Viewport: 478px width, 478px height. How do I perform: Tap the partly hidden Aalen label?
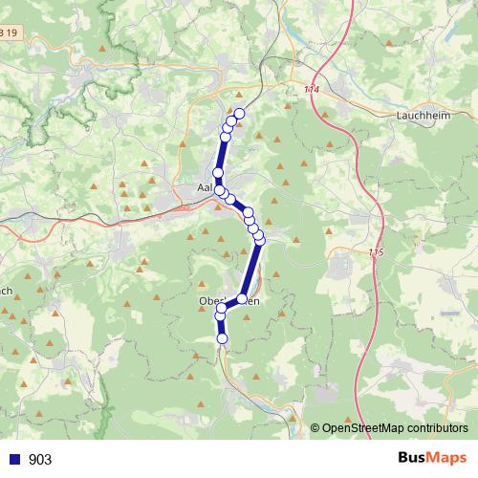pos(203,188)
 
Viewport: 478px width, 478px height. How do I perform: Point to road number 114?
pos(312,89)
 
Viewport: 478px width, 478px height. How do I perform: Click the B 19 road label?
pos(9,33)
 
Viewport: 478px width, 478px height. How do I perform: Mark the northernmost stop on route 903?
pos(239,114)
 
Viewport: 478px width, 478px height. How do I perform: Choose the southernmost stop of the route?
pos(223,338)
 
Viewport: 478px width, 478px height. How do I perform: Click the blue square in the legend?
pos(14,459)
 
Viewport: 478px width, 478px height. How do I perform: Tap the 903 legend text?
pos(40,459)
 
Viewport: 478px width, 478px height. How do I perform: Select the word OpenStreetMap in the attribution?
pos(361,428)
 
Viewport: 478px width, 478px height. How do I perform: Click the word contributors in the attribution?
pos(435,428)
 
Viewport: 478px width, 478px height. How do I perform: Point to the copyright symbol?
pos(315,428)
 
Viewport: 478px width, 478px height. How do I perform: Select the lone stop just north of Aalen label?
pos(218,173)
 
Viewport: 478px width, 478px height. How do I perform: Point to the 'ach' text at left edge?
pos(6,291)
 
